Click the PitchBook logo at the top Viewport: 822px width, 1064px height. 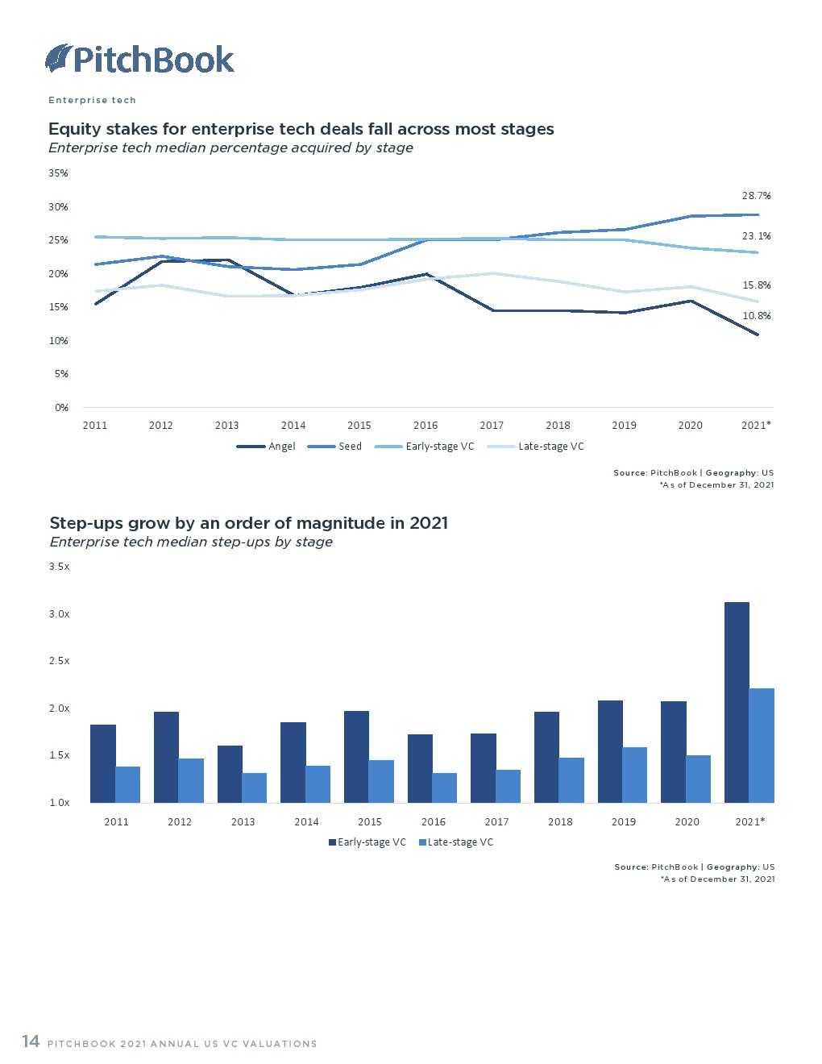point(139,59)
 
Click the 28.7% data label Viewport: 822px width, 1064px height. point(756,196)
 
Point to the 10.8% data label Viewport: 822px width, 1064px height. point(756,316)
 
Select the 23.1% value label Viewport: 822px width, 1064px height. point(756,236)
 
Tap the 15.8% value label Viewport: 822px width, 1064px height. point(756,285)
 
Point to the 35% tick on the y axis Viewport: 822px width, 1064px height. point(58,173)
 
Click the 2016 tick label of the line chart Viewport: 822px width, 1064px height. point(426,426)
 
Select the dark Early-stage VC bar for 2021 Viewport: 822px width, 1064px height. point(737,702)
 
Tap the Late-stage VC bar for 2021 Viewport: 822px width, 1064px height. point(762,746)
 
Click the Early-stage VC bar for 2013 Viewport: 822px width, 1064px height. point(230,774)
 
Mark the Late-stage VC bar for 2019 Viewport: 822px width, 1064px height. point(634,775)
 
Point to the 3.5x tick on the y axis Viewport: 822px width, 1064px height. point(60,567)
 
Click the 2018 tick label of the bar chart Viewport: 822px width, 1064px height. point(560,822)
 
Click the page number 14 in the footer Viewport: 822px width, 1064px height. point(31,1041)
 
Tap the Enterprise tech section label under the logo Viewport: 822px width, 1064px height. point(92,100)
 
